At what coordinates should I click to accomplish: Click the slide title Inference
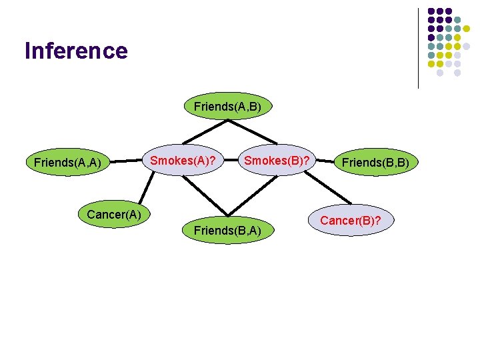[75, 51]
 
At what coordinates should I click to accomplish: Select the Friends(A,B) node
[227, 106]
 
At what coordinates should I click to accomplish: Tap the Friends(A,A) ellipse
[67, 162]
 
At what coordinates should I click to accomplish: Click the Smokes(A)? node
[182, 161]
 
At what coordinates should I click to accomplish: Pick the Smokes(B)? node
[276, 161]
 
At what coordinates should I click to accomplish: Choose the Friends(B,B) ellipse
[376, 162]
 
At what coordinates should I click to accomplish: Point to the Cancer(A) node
[113, 214]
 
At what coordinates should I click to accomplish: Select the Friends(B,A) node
[227, 231]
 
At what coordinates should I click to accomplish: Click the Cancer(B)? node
[351, 219]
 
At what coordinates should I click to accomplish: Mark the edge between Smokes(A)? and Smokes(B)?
[229, 161]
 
